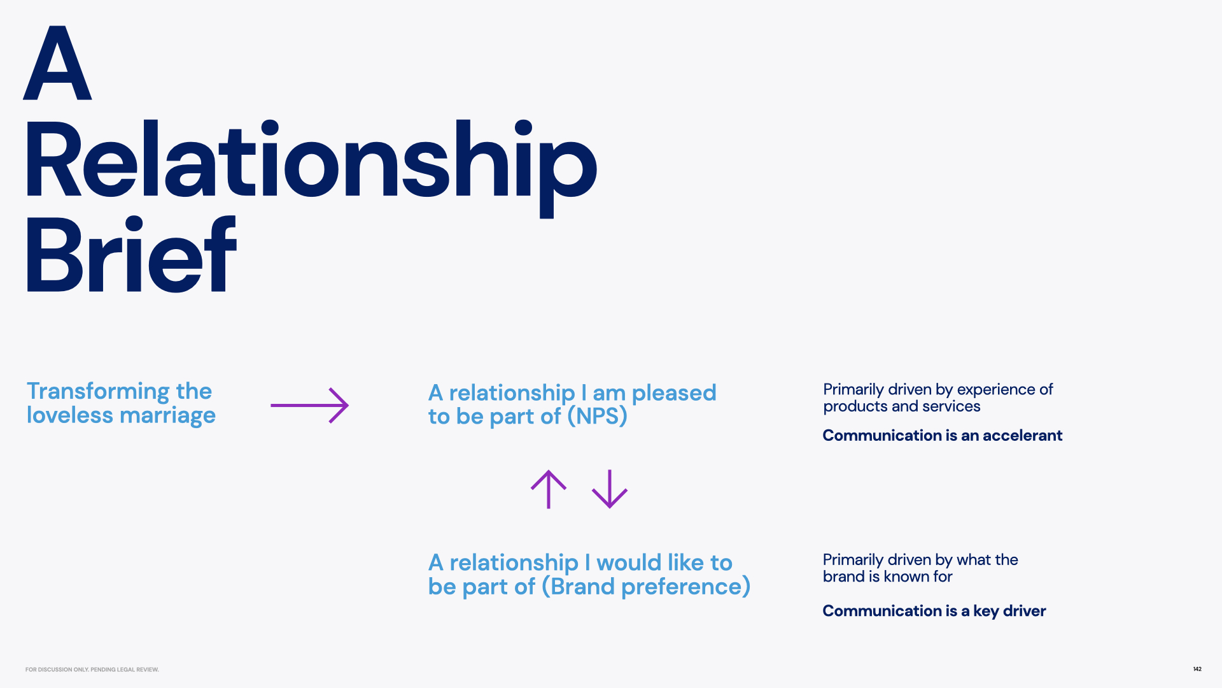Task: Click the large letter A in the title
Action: pos(57,64)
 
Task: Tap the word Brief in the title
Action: pos(130,255)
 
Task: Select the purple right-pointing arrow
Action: pos(309,405)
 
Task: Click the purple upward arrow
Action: pos(549,489)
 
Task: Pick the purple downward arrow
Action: pos(610,489)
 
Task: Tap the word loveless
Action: pos(70,415)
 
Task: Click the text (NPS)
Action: pos(597,417)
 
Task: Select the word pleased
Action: pos(674,393)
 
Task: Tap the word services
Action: pos(952,406)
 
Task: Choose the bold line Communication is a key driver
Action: pos(934,611)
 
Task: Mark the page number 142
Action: pos(1197,669)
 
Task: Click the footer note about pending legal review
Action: pos(92,670)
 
